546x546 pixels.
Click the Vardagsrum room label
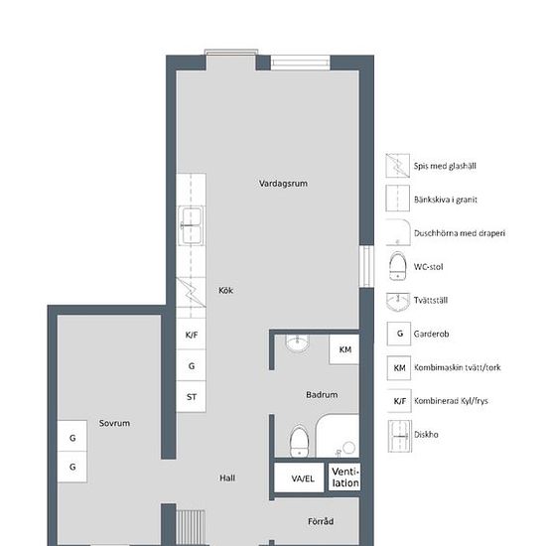[x=283, y=184]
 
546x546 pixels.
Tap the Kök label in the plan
[x=225, y=290]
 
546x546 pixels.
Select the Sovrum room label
[x=114, y=423]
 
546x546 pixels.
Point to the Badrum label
[x=322, y=395]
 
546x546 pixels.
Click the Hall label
[x=227, y=478]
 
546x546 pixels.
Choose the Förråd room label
[x=321, y=521]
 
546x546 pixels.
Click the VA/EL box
[x=299, y=478]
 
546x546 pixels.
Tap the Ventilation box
[x=344, y=478]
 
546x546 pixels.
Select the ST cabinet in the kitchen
[x=191, y=397]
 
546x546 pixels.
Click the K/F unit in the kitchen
[x=191, y=335]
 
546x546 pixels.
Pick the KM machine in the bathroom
[x=344, y=349]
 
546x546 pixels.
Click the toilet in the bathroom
[x=299, y=441]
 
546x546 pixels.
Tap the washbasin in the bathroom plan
[x=297, y=343]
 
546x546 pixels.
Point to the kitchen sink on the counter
[x=191, y=225]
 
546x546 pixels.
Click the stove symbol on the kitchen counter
[x=191, y=293]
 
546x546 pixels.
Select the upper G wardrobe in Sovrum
[x=72, y=437]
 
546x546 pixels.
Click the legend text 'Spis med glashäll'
[x=445, y=166]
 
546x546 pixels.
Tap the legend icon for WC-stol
[x=398, y=266]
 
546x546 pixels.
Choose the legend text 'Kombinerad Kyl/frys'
[x=451, y=401]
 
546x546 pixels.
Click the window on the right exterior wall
[x=366, y=267]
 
